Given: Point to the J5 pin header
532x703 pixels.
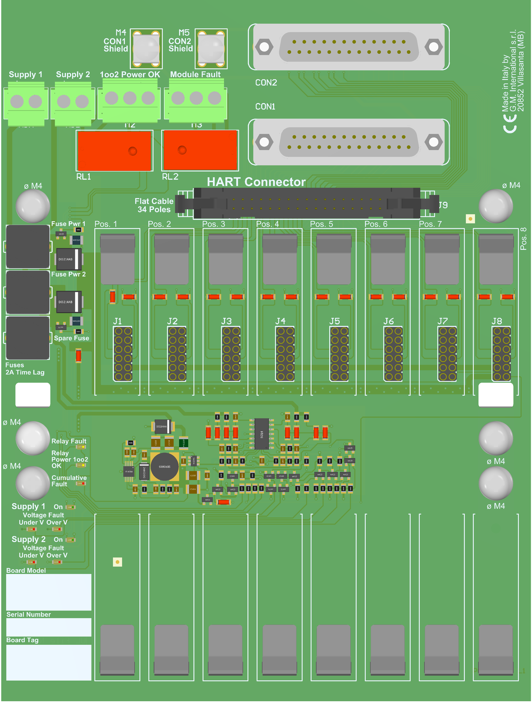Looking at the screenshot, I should coord(339,354).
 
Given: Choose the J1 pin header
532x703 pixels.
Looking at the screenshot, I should coord(123,354).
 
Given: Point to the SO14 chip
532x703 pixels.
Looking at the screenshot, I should coord(262,434).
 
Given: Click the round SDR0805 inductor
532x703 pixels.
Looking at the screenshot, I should coord(164,467).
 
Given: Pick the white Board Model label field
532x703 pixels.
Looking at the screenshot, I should coord(49,592).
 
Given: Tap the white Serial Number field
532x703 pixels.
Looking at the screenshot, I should coord(49,627).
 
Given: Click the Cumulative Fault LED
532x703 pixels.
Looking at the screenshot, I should coord(81,484).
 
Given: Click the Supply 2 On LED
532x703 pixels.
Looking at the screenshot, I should coord(70,540).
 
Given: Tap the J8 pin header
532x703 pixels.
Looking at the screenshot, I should coord(501,354).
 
